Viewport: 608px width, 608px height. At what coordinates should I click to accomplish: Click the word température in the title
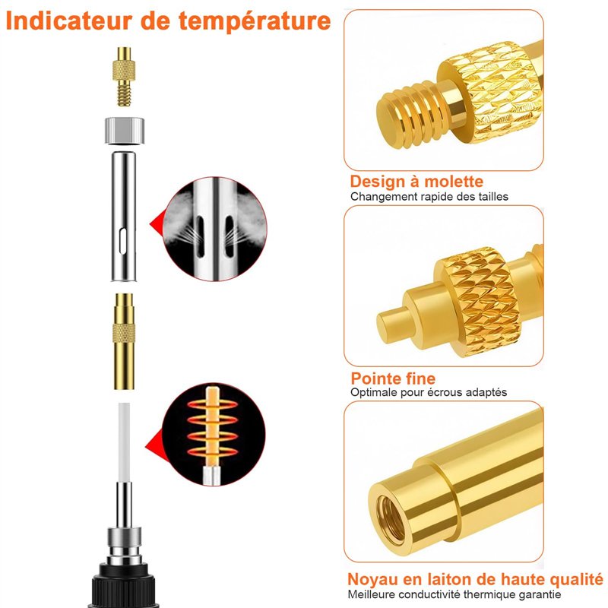click(255, 21)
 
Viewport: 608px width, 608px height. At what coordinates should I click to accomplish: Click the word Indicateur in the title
click(69, 21)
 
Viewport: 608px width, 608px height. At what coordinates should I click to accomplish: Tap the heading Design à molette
click(416, 181)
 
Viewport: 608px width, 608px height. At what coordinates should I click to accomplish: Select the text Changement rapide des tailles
click(429, 197)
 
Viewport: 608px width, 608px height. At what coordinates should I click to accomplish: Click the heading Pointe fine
click(393, 378)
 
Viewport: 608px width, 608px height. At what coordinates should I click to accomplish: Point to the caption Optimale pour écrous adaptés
click(429, 392)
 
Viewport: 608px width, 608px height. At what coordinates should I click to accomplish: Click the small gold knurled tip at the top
click(124, 77)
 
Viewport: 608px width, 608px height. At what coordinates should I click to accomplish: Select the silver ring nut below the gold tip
click(125, 131)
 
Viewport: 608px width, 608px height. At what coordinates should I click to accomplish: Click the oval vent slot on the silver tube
click(123, 242)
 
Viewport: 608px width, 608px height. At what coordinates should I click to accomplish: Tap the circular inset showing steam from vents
click(215, 229)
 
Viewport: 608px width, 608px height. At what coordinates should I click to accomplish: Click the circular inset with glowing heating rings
click(214, 434)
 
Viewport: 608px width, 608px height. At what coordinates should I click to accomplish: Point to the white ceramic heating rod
click(124, 442)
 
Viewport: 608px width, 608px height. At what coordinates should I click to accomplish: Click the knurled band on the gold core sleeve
click(124, 334)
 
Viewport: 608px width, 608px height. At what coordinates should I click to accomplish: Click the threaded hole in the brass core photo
click(389, 518)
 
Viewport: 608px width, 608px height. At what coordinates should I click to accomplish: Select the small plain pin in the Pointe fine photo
click(393, 325)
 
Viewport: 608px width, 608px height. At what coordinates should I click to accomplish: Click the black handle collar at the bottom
click(123, 585)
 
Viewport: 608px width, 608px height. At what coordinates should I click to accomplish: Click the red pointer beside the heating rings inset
click(155, 446)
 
